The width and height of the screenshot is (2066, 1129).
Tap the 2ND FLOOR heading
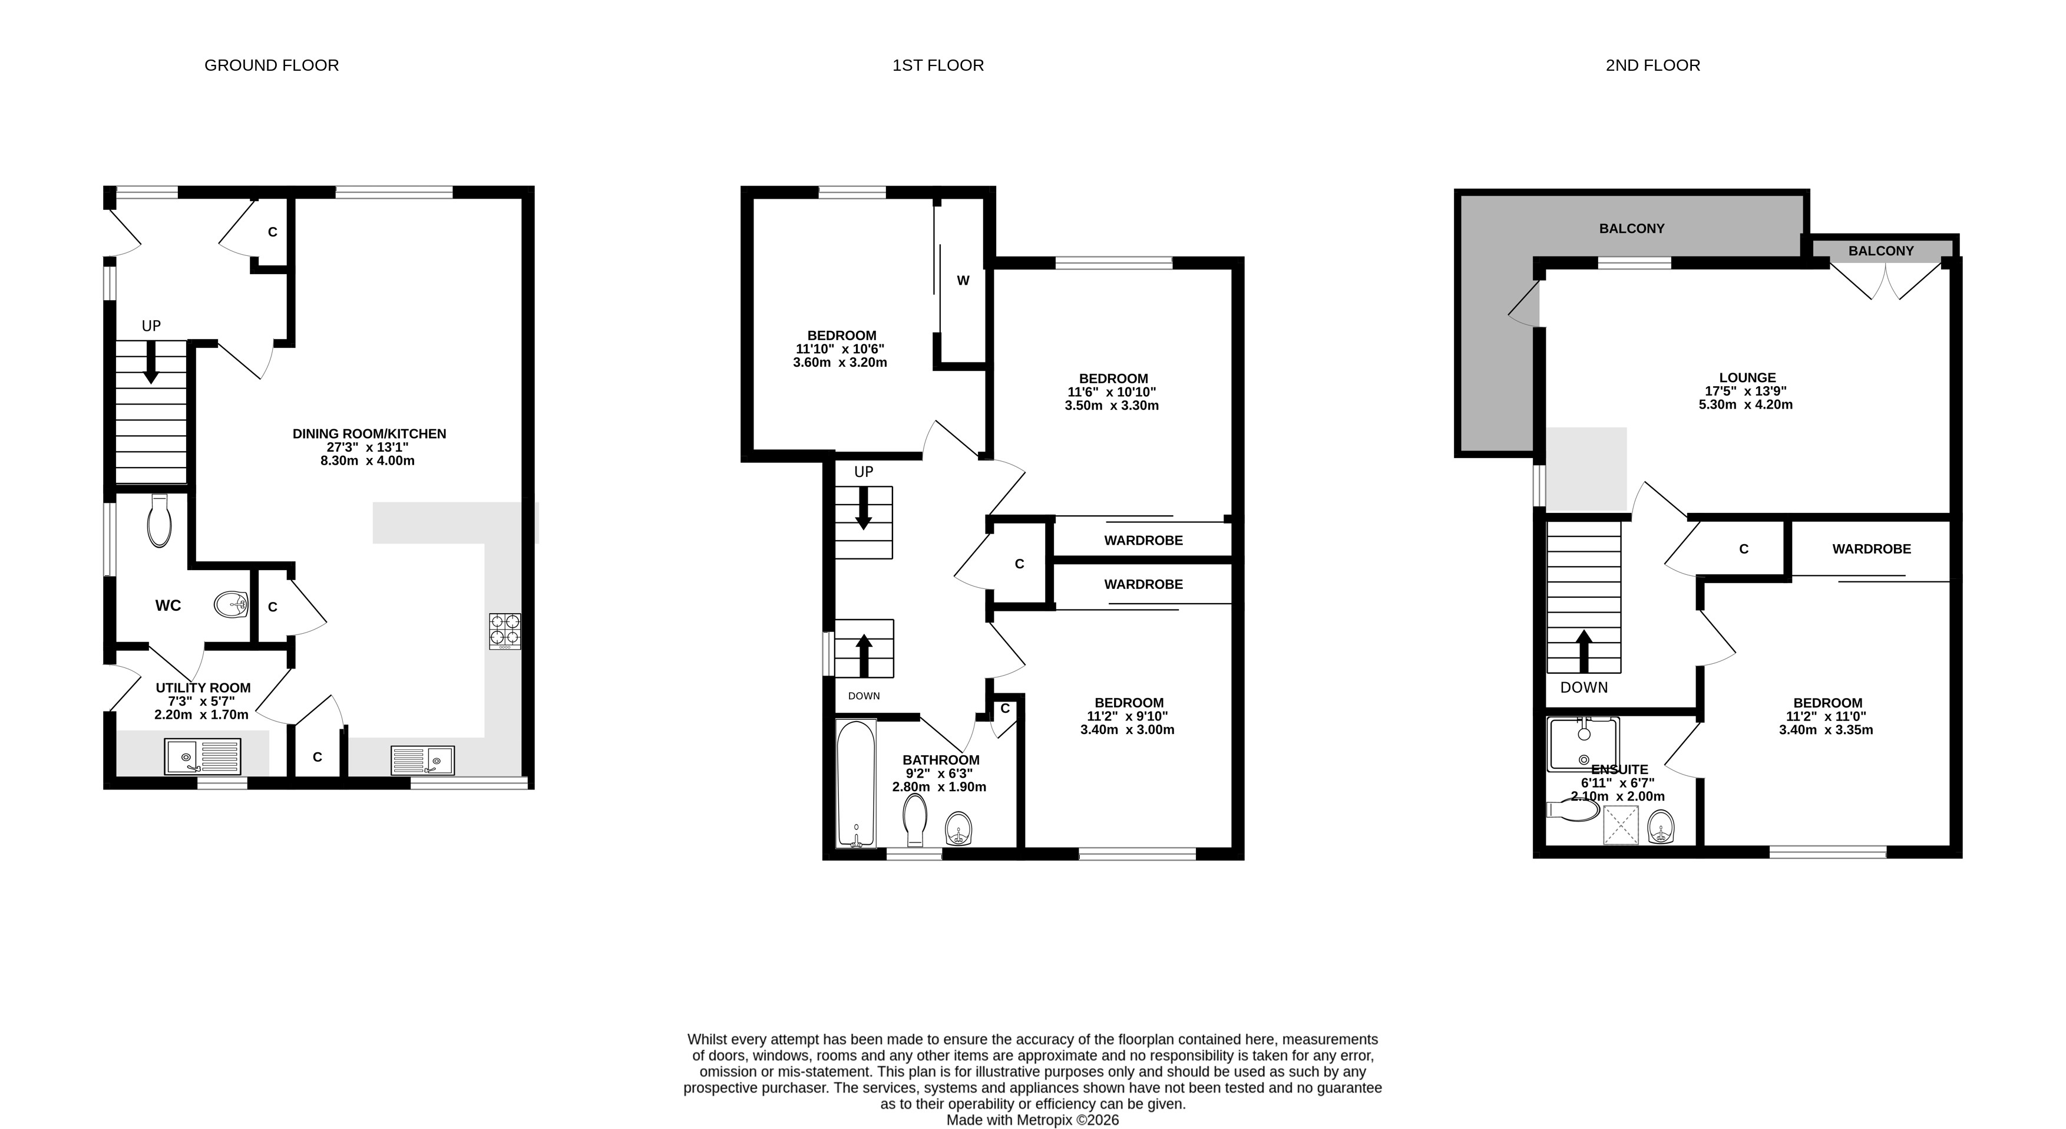[x=1652, y=65]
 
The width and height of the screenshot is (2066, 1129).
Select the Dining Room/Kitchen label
[x=369, y=433]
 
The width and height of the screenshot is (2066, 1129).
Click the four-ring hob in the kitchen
[x=504, y=631]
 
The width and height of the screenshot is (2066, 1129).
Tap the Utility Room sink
[x=202, y=756]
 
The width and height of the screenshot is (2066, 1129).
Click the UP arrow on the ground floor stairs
[x=151, y=362]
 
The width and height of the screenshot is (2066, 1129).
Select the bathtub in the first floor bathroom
[x=856, y=783]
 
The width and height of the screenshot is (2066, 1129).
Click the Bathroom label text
[x=941, y=760]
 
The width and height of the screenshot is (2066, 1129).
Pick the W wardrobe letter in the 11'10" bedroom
[x=963, y=281]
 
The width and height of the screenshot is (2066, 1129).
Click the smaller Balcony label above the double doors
[x=1881, y=251]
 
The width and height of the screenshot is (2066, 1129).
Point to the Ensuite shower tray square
[x=1620, y=825]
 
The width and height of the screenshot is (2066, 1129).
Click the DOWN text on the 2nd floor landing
[x=1584, y=687]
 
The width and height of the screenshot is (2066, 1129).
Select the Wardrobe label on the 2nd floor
[x=1871, y=549]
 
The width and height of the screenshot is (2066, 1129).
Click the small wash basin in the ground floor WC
[x=231, y=604]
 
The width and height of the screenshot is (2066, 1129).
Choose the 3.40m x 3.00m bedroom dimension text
[x=1127, y=729]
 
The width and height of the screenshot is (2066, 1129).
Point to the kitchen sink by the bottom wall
[x=422, y=760]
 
